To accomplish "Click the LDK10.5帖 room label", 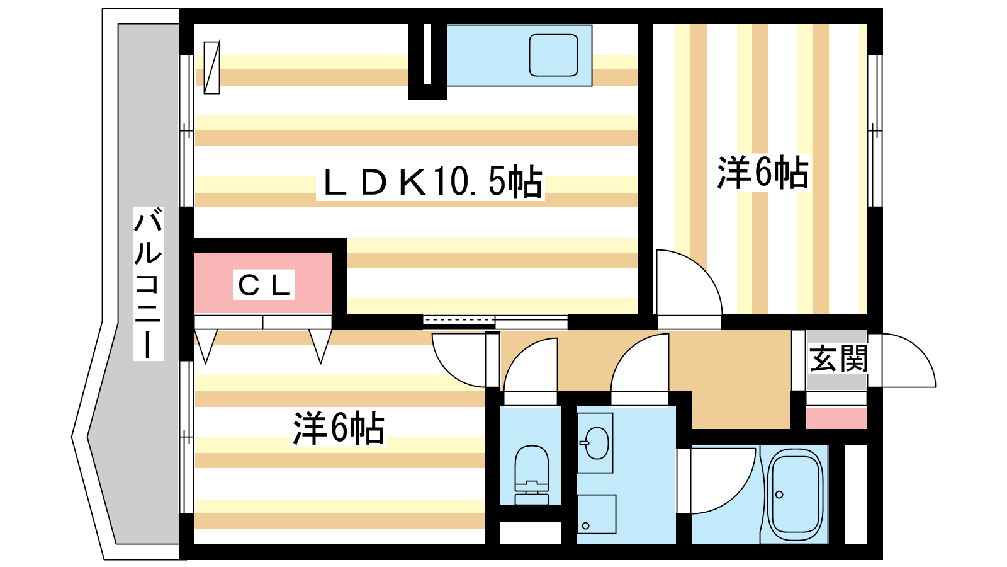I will [432, 183].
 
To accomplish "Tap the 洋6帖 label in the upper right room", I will [763, 172].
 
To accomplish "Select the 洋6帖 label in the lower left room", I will [339, 428].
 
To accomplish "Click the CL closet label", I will [264, 285].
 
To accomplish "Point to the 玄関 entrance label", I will [838, 359].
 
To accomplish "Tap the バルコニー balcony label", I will [148, 283].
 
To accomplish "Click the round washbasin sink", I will [595, 443].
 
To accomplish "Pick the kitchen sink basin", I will [553, 55].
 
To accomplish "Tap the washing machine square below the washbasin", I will [597, 513].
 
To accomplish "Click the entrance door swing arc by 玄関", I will [906, 362].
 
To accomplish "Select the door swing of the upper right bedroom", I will [686, 283].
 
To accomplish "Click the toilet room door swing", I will [532, 369].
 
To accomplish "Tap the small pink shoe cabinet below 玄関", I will [836, 418].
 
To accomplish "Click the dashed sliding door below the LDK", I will [459, 322].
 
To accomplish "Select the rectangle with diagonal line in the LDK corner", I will [212, 67].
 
